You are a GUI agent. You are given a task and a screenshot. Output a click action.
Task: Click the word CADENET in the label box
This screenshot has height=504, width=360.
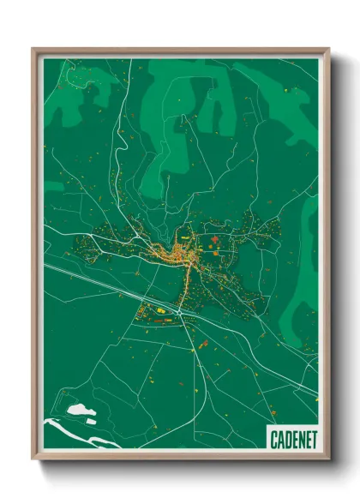pyautogui.click(x=293, y=440)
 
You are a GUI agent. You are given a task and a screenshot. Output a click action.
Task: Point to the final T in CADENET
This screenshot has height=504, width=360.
pyautogui.click(x=313, y=440)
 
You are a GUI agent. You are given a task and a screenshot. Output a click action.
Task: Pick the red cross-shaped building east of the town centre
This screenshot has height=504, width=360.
pyautogui.click(x=214, y=239)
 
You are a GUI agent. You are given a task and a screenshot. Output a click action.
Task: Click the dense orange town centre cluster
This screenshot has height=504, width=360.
pyautogui.click(x=177, y=252)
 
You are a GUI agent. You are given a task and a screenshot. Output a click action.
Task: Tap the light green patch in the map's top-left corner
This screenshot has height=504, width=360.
pyautogui.click(x=69, y=99)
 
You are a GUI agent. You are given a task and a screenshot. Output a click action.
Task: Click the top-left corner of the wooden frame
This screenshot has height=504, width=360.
pyautogui.click(x=33, y=49)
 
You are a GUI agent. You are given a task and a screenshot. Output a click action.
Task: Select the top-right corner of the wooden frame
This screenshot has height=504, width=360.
pyautogui.click(x=328, y=49)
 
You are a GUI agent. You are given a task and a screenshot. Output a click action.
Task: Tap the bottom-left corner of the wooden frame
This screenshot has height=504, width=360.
pyautogui.click(x=33, y=459)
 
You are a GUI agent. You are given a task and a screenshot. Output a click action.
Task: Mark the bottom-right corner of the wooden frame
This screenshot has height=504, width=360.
pyautogui.click(x=328, y=459)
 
